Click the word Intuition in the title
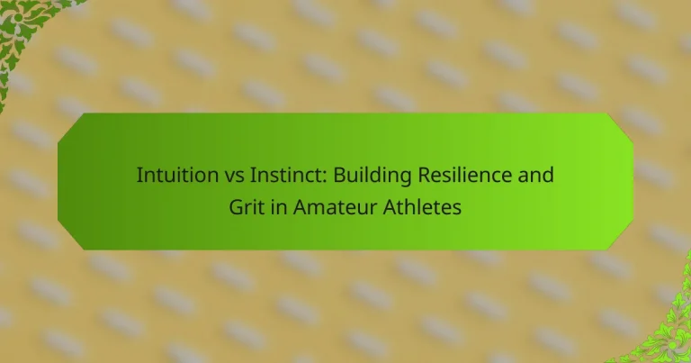coord(177,175)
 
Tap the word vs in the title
coord(234,177)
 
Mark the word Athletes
coord(422,207)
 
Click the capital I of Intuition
coord(139,175)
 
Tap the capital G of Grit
coord(237,207)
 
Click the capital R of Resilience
coord(425,175)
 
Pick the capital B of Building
coord(339,175)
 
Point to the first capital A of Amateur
coord(301,207)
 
